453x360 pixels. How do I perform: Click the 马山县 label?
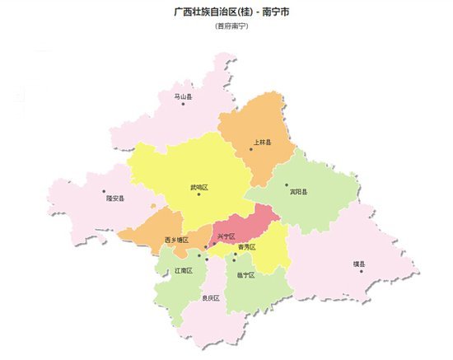[x=183, y=96]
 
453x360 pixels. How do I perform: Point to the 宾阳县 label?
[x=298, y=192]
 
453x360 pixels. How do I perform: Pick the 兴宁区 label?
[x=226, y=237]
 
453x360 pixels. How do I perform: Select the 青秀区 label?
[x=246, y=247]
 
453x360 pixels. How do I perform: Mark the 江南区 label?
[x=183, y=270]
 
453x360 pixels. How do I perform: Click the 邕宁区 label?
[x=245, y=274]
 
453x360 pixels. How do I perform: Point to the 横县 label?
[x=358, y=264]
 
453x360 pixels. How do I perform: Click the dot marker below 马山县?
[x=183, y=104]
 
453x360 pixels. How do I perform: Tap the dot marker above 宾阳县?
[x=287, y=185]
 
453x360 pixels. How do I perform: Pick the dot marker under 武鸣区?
[x=198, y=194]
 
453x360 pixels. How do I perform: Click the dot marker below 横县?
[x=361, y=271]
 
